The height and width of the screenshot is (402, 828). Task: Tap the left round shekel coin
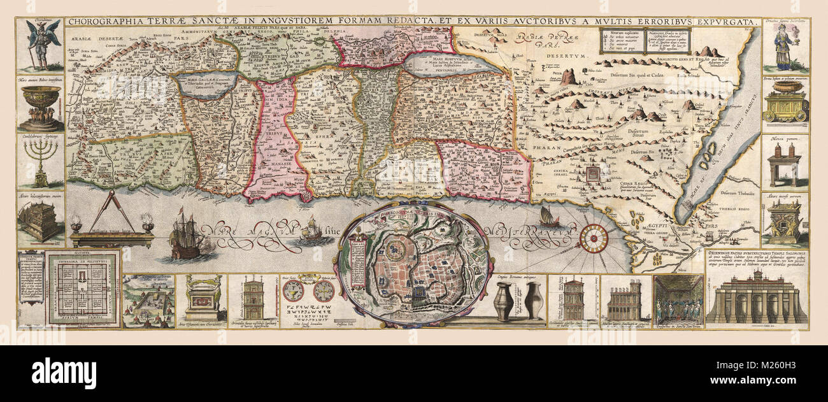point(292,292)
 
